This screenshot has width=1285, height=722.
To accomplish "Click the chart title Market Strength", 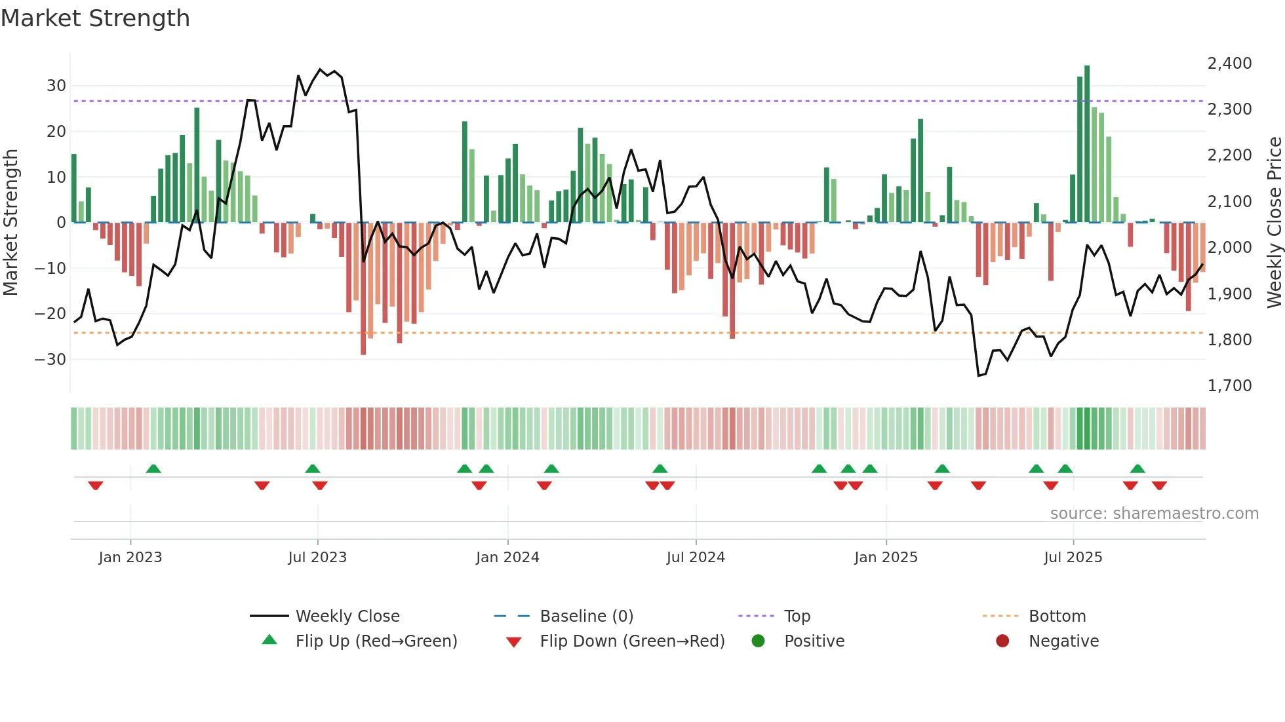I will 95,18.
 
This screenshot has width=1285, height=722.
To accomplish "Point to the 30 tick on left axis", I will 56,86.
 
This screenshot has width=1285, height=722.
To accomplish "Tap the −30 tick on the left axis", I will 50,360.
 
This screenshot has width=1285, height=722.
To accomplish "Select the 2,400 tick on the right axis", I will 1229,64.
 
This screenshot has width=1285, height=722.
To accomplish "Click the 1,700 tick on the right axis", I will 1229,386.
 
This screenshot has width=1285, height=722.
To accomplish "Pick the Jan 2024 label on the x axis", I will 507,558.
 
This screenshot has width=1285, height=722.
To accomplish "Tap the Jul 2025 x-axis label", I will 1073,558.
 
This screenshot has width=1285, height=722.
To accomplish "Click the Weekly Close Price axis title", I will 1274,223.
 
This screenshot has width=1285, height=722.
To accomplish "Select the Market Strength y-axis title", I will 10,223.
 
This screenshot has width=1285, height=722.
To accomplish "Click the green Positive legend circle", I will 759,641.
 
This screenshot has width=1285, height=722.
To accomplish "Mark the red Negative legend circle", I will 1002,641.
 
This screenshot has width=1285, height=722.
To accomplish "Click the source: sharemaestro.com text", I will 1154,514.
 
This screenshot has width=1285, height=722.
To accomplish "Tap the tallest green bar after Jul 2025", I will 1087,144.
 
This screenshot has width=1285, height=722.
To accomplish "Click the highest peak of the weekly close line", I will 320,69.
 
